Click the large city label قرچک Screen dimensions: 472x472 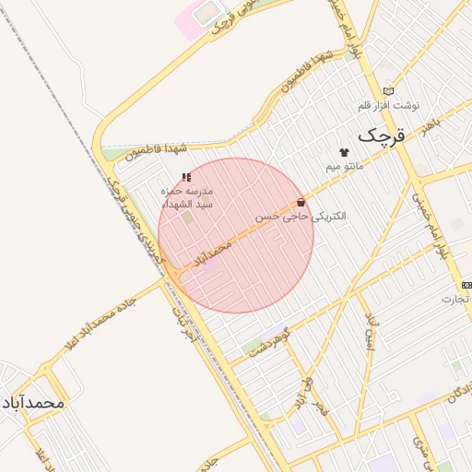(x=382, y=136)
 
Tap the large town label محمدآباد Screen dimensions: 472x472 (x=32, y=403)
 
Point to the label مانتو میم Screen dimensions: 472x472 (x=346, y=167)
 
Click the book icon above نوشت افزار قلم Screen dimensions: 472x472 (x=388, y=90)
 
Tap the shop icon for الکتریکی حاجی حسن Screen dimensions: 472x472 (x=301, y=202)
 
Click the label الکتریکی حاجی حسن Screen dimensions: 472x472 (x=302, y=217)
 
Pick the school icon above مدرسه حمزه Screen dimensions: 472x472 (x=186, y=176)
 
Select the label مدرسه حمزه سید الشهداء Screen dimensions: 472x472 (x=187, y=196)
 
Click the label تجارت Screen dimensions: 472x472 (x=454, y=299)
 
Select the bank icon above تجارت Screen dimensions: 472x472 (x=466, y=285)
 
